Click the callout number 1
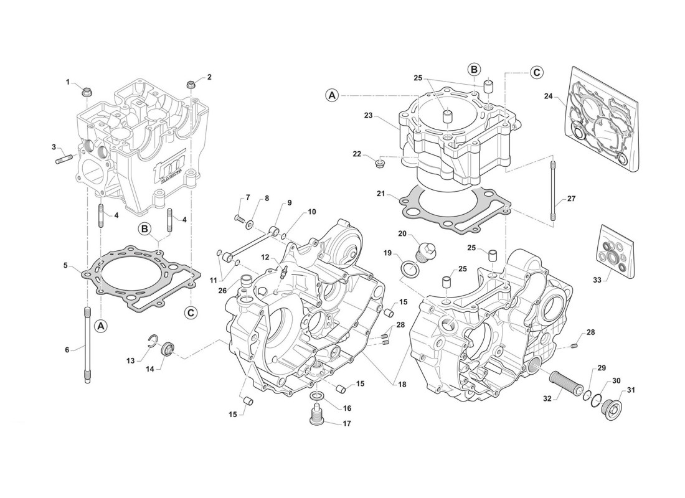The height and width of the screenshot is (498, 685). (69, 82)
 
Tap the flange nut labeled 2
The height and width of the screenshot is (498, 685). (191, 85)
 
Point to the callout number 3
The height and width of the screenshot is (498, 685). (54, 147)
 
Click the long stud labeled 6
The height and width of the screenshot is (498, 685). (87, 345)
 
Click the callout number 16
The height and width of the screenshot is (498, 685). (347, 408)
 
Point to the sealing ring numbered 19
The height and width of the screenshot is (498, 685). (409, 269)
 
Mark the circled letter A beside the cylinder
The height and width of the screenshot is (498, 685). (333, 95)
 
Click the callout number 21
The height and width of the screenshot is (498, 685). (380, 194)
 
